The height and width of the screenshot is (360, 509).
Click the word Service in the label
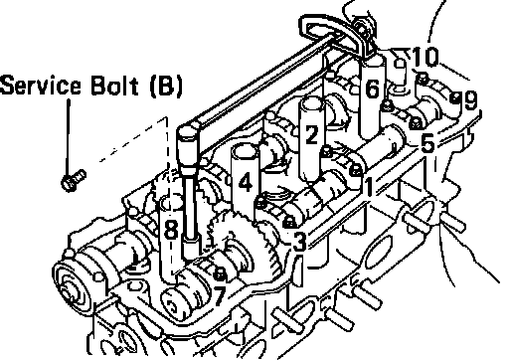point(41,86)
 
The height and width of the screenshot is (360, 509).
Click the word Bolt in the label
point(114,86)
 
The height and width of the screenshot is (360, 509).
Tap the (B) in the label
point(166,87)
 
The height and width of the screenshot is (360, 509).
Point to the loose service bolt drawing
point(74,180)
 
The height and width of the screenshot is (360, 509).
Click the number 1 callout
point(370,187)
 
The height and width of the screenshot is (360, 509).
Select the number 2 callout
point(312,134)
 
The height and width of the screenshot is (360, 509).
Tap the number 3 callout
point(298,242)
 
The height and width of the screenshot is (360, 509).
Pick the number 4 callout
point(246,183)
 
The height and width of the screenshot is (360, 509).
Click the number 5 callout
point(427,143)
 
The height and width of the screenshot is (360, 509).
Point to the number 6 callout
point(372,89)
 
